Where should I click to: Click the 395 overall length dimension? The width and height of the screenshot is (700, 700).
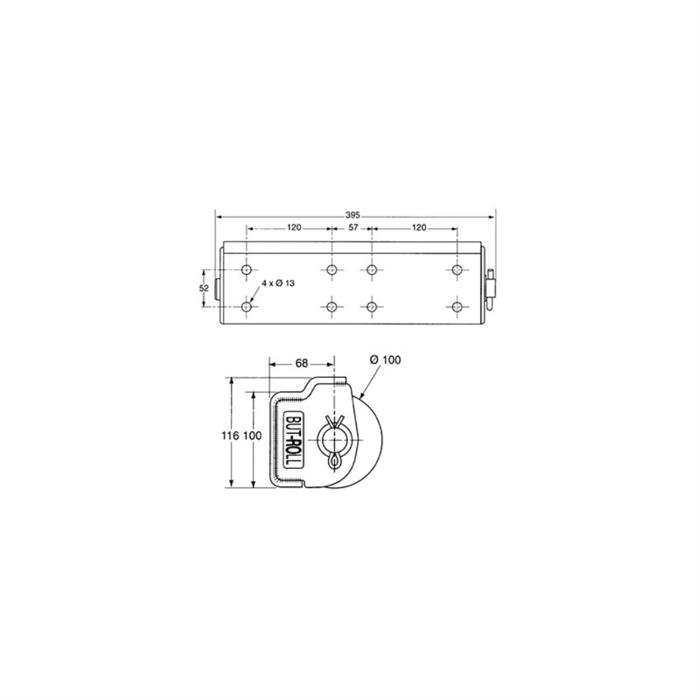353,215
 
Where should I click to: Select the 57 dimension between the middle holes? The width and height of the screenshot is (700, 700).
353,228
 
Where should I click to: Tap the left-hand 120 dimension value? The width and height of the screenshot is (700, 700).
294,228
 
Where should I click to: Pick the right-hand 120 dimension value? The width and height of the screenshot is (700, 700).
419,228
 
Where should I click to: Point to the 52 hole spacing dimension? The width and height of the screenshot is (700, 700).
204,288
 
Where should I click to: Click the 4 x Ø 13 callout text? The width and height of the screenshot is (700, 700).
278,283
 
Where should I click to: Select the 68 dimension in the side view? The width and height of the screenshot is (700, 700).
301,364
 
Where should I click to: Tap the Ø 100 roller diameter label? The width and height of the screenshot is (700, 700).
386,360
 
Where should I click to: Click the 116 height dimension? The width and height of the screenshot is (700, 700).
230,435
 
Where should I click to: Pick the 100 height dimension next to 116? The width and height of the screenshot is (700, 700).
253,435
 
